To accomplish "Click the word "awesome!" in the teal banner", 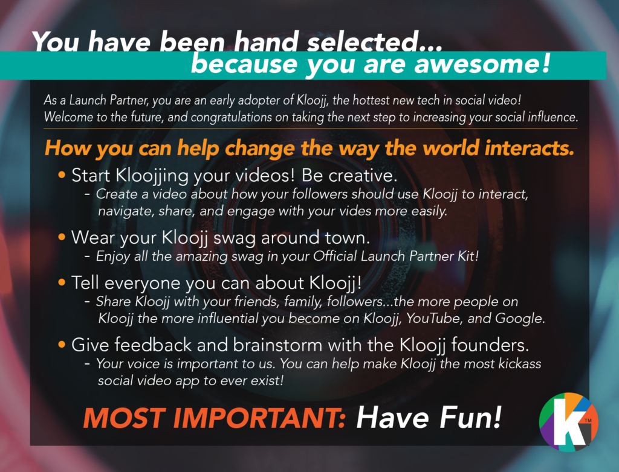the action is tap(482, 63).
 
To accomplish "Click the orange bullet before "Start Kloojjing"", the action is tap(62, 174).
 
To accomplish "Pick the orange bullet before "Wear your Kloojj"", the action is tap(62, 237).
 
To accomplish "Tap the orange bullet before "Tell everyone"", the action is tap(62, 282).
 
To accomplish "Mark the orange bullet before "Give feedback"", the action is tap(62, 344).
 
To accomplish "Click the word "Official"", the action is tap(335, 256).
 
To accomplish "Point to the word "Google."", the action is tap(520, 319).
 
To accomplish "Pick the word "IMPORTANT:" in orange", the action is tap(260, 418).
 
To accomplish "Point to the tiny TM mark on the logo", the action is tap(588, 421).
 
